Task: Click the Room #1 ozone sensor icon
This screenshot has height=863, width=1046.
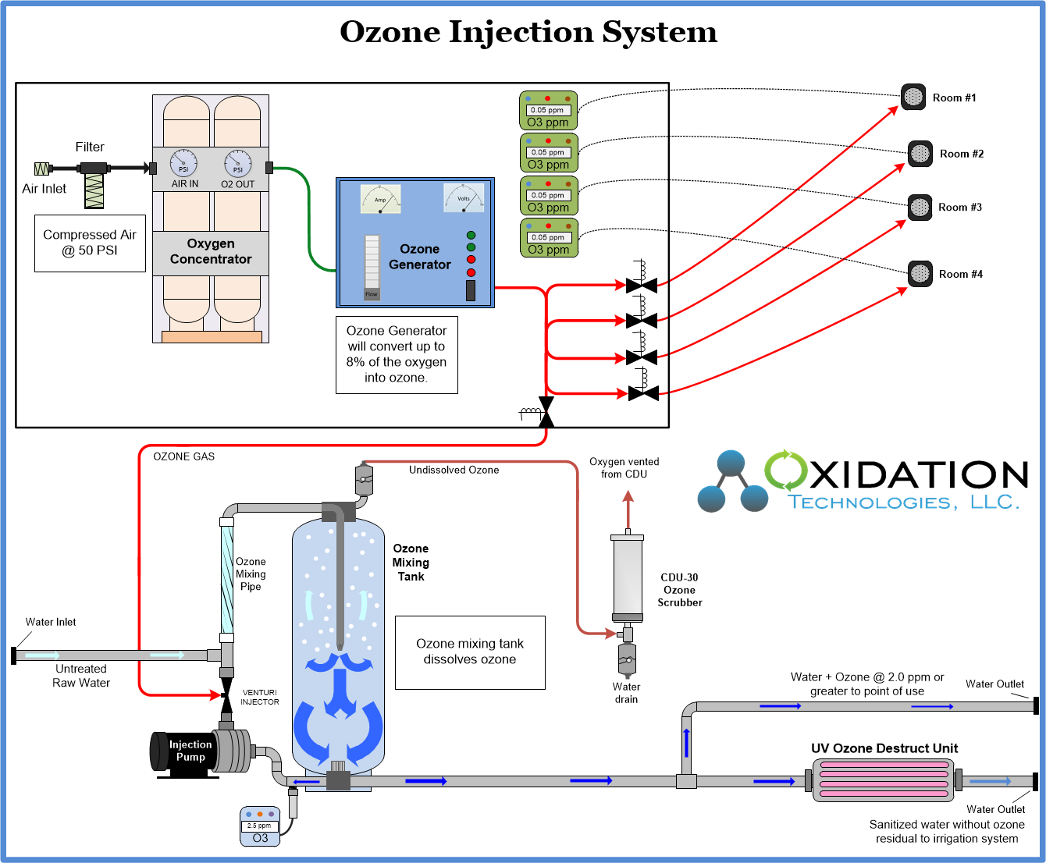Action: (x=913, y=97)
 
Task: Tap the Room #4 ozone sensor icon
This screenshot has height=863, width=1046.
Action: (x=920, y=274)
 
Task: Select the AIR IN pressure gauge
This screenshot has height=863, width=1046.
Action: (x=184, y=164)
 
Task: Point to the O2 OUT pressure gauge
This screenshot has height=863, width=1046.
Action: (x=237, y=164)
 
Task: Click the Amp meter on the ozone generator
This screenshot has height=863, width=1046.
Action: (x=380, y=199)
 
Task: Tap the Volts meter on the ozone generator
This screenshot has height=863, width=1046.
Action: (x=464, y=197)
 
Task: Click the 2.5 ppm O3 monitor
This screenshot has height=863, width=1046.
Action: (x=260, y=826)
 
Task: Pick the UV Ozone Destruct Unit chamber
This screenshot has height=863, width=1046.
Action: (x=883, y=780)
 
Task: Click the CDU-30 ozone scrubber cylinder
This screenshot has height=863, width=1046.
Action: (x=627, y=577)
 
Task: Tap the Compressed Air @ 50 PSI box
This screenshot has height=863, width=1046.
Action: (x=90, y=243)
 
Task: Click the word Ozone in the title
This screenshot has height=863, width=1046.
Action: (x=390, y=32)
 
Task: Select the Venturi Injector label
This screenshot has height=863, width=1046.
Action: (x=259, y=697)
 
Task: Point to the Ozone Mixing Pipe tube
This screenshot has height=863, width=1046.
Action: (x=226, y=577)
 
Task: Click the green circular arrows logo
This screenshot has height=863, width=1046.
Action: (x=785, y=471)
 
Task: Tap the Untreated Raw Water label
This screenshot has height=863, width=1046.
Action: (x=81, y=676)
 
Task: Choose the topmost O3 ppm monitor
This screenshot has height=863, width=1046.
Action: (x=548, y=111)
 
